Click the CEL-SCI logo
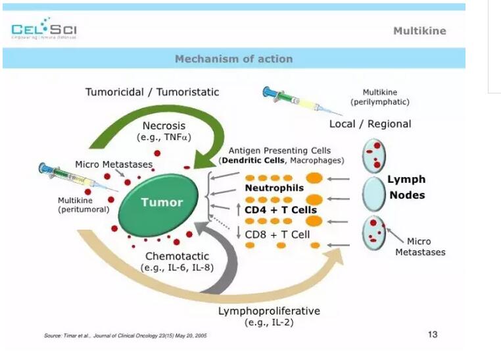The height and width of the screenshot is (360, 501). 45,30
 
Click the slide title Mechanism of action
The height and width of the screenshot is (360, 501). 233,59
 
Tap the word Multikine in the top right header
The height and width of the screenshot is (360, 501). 419,31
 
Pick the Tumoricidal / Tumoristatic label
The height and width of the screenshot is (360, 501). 152,92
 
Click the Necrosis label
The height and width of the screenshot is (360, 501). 164,125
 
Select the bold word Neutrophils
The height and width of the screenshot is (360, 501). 274,188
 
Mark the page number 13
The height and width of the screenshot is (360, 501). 432,334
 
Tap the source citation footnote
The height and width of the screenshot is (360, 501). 126,336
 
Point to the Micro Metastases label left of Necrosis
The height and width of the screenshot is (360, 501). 114,164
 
